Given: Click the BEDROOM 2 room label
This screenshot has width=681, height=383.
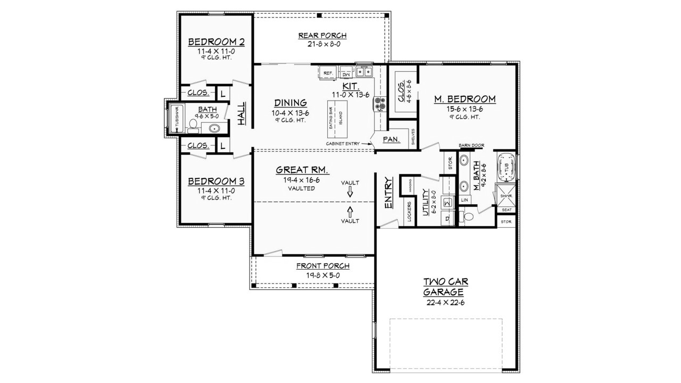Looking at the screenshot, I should pyautogui.click(x=215, y=41).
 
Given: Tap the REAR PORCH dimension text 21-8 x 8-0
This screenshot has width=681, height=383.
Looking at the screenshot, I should pyautogui.click(x=322, y=45).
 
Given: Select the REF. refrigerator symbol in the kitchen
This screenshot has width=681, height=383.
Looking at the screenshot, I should pyautogui.click(x=327, y=72).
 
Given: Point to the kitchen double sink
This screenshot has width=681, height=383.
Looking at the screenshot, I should pyautogui.click(x=364, y=71).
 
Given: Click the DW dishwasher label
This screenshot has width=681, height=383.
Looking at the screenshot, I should pyautogui.click(x=346, y=74).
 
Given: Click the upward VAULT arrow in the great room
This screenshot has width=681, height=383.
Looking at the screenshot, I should pyautogui.click(x=350, y=211).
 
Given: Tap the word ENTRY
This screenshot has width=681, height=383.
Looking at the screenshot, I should pyautogui.click(x=388, y=193).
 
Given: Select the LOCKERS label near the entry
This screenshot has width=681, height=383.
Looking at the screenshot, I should pyautogui.click(x=409, y=211).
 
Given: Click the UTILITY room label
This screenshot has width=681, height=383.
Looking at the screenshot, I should pyautogui.click(x=425, y=202).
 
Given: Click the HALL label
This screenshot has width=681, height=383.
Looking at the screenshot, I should pyautogui.click(x=241, y=113).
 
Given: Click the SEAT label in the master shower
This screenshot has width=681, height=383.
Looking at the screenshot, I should pyautogui.click(x=506, y=210).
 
